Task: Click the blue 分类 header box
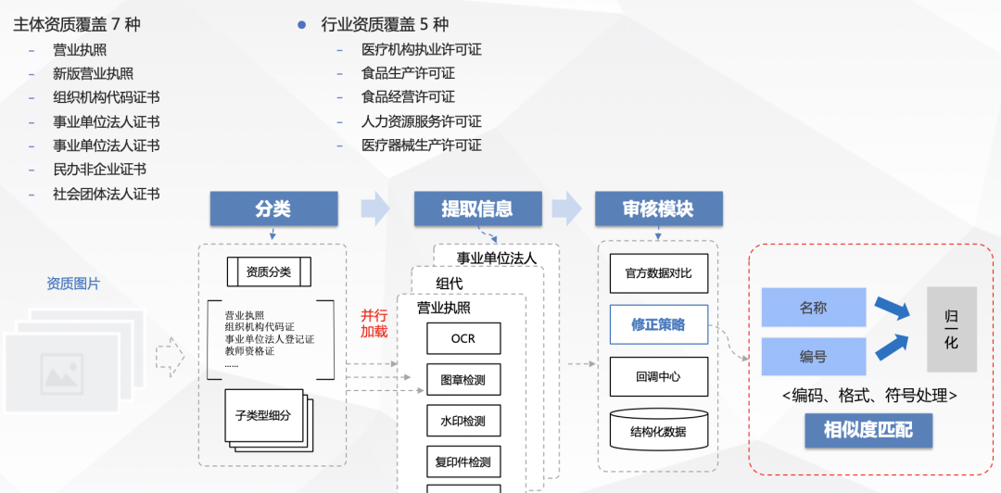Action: [272, 209]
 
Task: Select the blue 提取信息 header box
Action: [477, 209]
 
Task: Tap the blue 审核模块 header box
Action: [658, 209]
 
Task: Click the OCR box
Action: [463, 338]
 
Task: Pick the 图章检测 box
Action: [463, 380]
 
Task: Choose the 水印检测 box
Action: [463, 421]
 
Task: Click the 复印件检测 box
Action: [463, 461]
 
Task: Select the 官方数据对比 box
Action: [658, 273]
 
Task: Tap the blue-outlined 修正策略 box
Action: [658, 324]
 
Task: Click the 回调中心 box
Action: [658, 376]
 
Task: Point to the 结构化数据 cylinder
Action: [658, 430]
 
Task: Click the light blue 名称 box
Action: [813, 308]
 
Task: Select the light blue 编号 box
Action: [813, 357]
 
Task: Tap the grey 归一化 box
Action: [951, 329]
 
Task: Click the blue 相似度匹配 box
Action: [868, 430]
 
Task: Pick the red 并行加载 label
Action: [374, 322]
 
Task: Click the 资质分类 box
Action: [269, 272]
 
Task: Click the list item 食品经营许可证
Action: [408, 97]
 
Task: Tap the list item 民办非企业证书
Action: [99, 170]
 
